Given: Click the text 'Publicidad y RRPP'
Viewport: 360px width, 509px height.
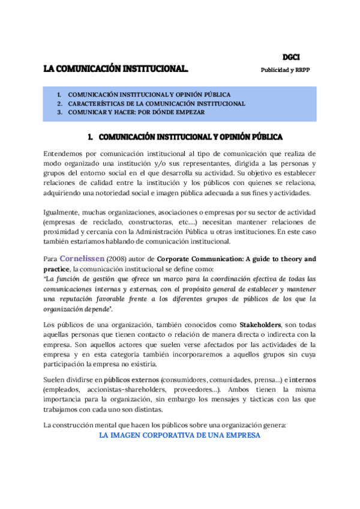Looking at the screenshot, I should click(x=285, y=70).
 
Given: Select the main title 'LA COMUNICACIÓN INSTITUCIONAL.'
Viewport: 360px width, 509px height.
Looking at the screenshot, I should click(x=116, y=69).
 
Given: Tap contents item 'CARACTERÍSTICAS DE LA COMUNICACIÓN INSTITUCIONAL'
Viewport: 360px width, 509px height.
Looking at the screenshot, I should click(x=156, y=103).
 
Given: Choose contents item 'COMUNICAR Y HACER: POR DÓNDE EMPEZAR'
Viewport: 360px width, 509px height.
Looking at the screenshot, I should click(x=136, y=112).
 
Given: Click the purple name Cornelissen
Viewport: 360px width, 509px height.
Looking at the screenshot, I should click(x=82, y=259).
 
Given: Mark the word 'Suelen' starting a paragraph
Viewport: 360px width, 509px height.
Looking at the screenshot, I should click(x=56, y=380).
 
